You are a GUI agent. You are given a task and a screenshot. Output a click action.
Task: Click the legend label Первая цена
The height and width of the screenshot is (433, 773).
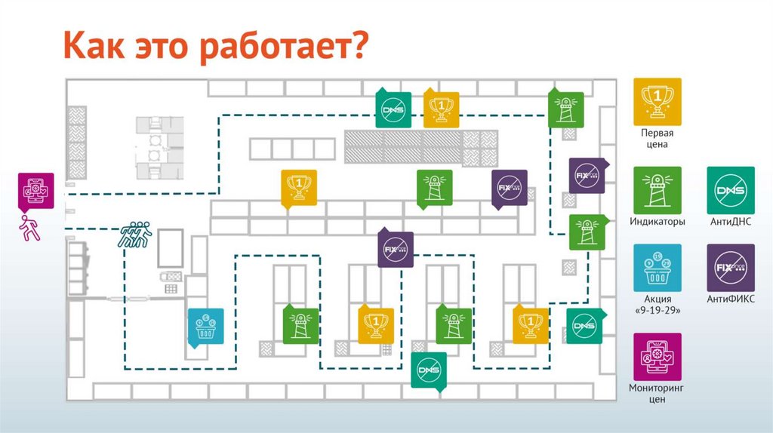(x=657, y=138)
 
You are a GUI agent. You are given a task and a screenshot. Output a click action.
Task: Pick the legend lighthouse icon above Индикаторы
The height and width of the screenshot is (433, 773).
(x=657, y=190)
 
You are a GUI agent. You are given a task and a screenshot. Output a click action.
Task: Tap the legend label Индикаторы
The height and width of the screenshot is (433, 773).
(x=657, y=223)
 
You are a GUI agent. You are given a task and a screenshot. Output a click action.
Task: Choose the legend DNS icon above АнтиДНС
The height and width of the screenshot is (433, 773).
(x=730, y=190)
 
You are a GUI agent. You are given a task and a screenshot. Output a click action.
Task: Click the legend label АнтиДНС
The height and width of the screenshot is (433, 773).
(x=730, y=223)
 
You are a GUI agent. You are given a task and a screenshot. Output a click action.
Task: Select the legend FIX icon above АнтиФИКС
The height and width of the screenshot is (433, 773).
(x=730, y=267)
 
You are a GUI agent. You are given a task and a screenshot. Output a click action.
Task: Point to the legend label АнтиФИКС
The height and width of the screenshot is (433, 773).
(x=730, y=299)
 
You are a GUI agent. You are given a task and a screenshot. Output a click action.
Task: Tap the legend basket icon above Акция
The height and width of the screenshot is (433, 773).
(x=657, y=267)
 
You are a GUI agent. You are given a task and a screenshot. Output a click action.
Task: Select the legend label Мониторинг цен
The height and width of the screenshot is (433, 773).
(x=657, y=393)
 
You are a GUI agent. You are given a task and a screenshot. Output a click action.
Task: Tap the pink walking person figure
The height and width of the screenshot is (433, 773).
(x=31, y=227)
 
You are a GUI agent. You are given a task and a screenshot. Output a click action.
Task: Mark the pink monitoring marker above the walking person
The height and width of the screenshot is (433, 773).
(x=36, y=190)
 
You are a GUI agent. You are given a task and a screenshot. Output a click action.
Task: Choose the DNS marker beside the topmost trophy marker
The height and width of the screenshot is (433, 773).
(x=393, y=109)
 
